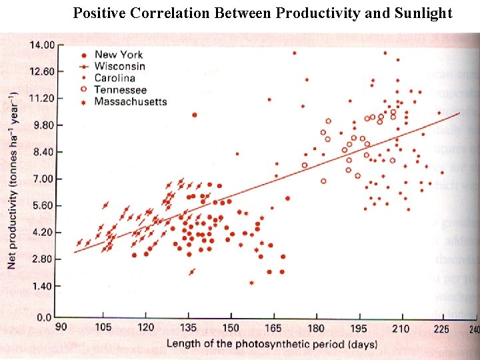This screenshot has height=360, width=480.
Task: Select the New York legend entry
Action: pyautogui.click(x=118, y=55)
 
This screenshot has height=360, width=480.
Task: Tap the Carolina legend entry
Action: pyautogui.click(x=115, y=78)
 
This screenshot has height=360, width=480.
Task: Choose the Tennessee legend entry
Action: pyautogui.click(x=120, y=89)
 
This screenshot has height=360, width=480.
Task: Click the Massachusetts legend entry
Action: pyautogui.click(x=130, y=101)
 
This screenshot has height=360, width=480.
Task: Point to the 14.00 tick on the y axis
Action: pyautogui.click(x=41, y=45)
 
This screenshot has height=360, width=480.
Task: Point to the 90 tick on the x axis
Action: pyautogui.click(x=61, y=328)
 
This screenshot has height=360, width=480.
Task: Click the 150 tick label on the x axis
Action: pyautogui.click(x=231, y=328)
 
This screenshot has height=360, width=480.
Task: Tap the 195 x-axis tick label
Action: pyautogui.click(x=359, y=329)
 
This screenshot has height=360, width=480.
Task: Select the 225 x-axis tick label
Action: pyautogui.click(x=441, y=329)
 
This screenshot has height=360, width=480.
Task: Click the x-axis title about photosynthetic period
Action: pyautogui.click(x=271, y=344)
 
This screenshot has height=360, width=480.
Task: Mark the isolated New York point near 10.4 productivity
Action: pyautogui.click(x=194, y=115)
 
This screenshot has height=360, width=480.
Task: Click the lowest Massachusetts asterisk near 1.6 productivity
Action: pyautogui.click(x=252, y=283)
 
